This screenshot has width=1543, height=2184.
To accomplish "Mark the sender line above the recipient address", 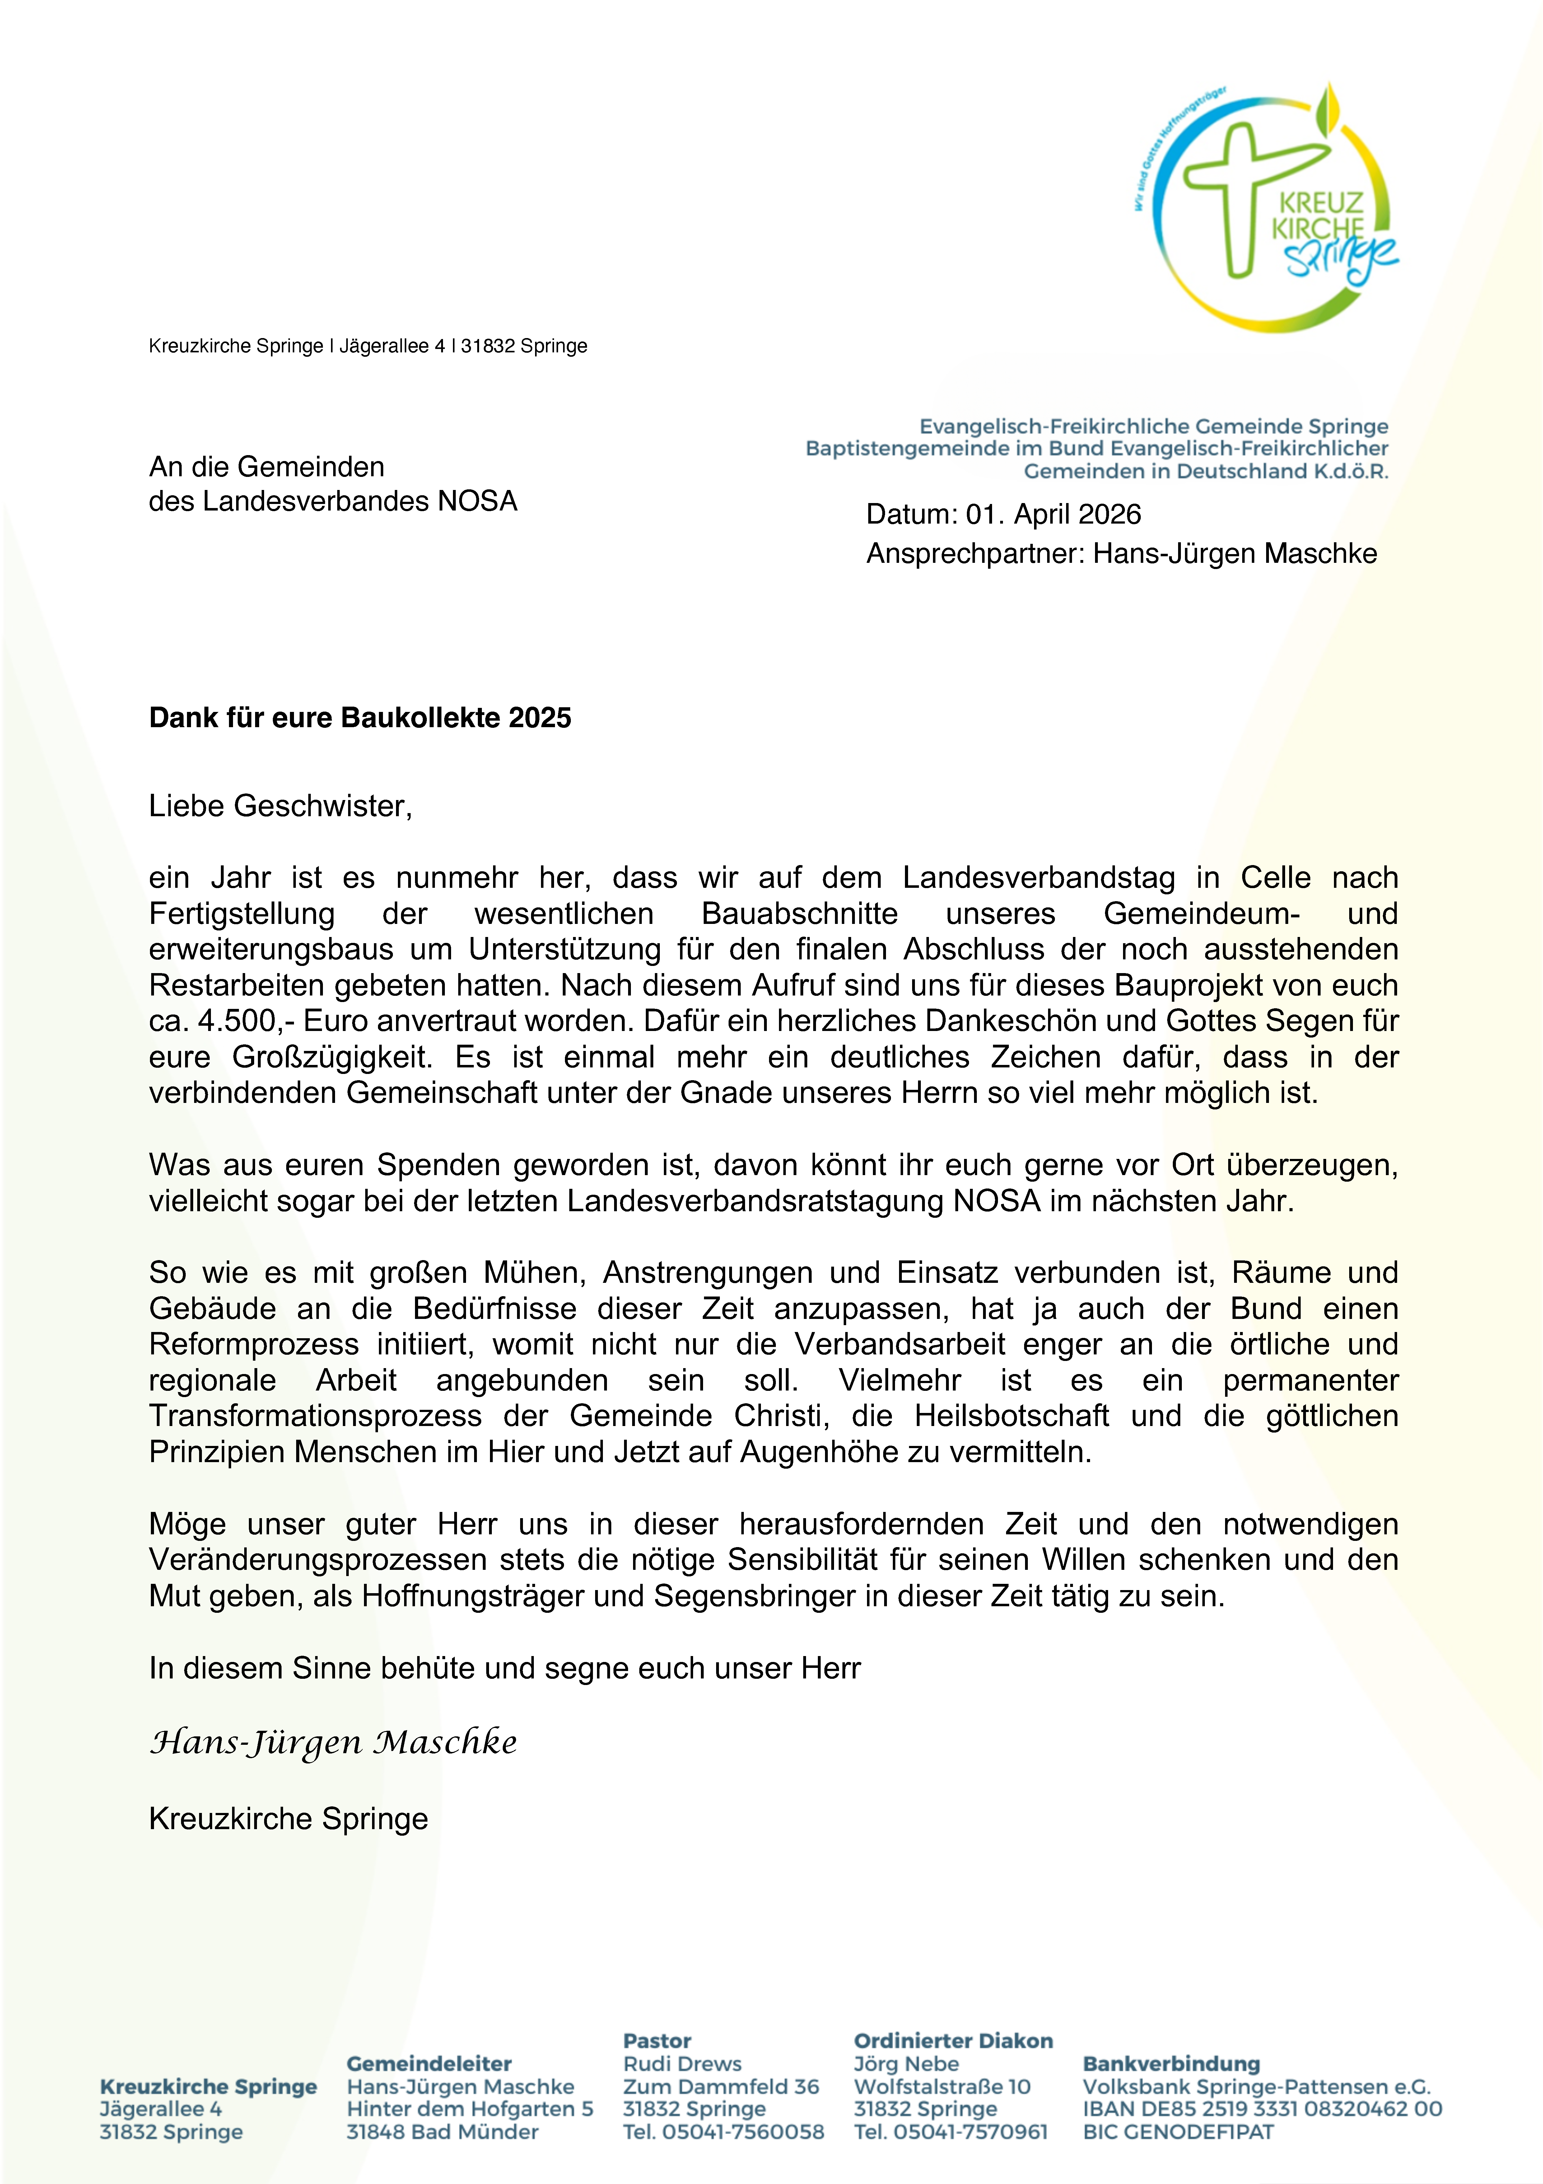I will click(x=368, y=346).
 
